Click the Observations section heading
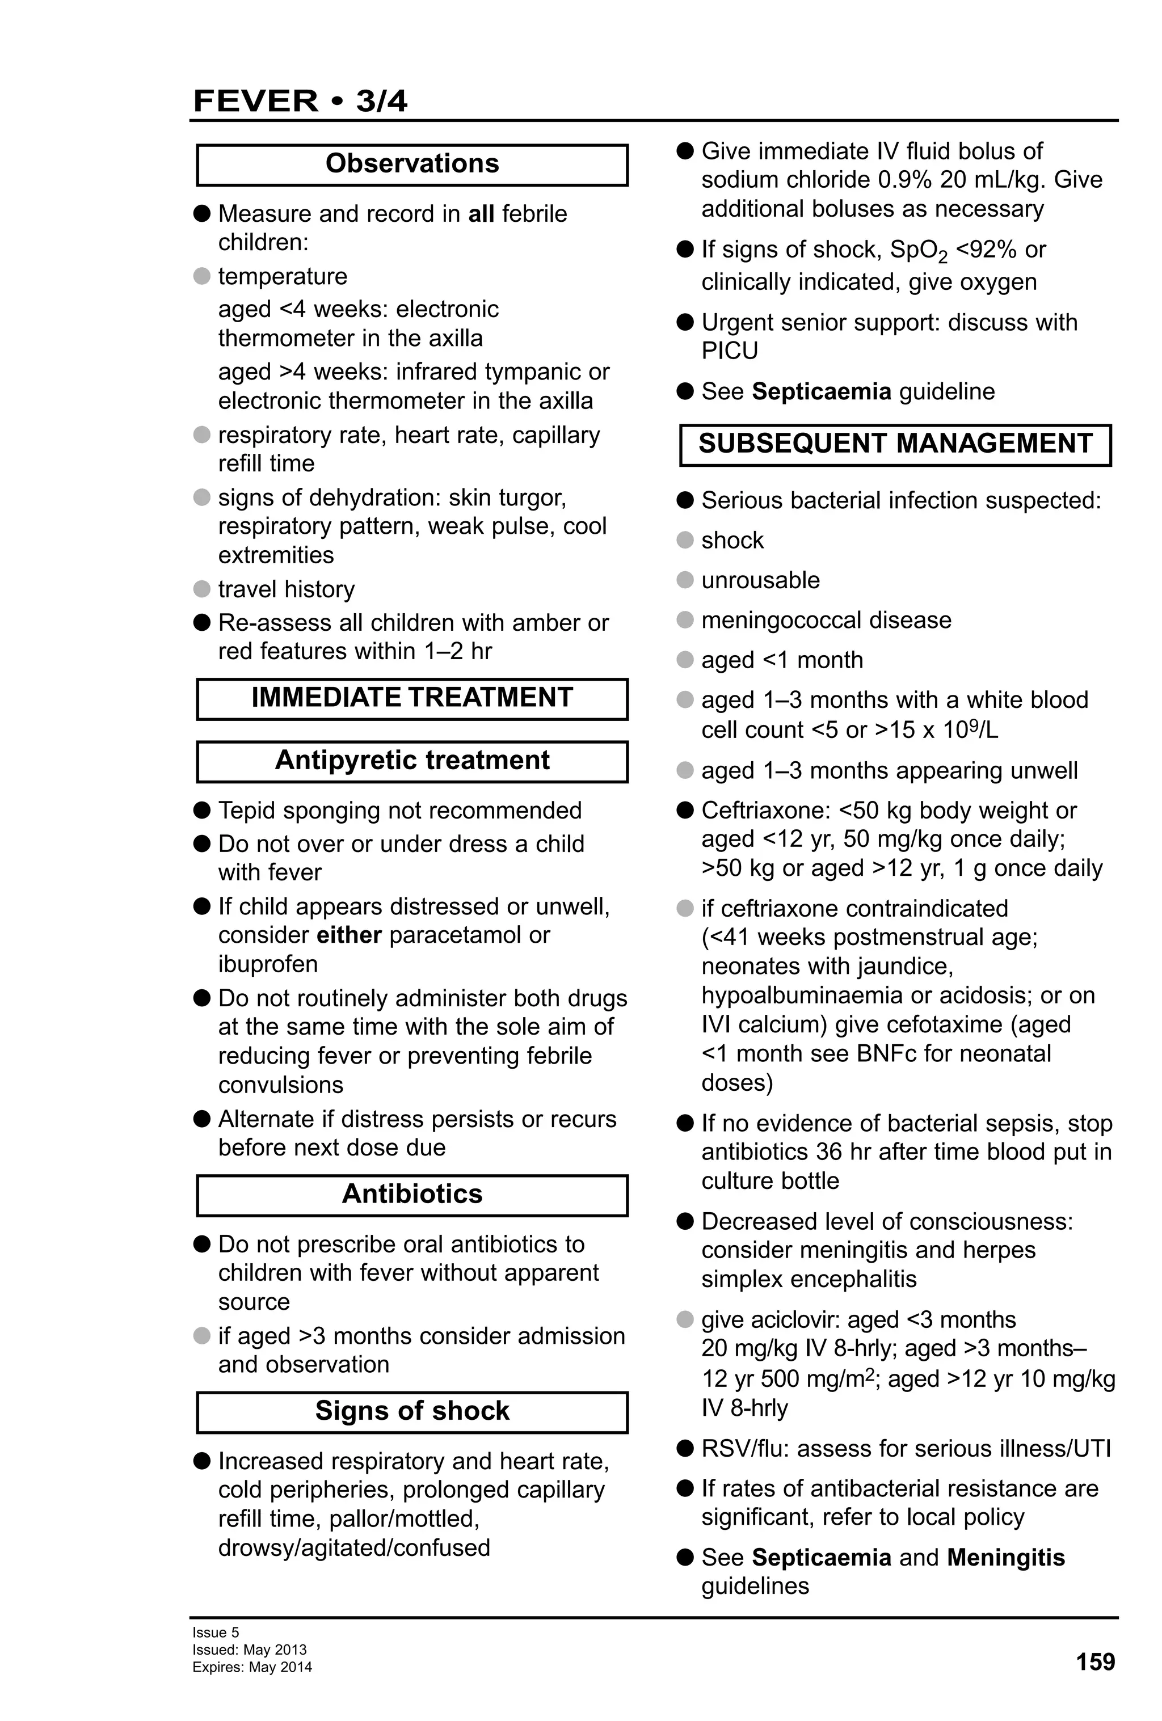[412, 164]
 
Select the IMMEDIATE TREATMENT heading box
[412, 698]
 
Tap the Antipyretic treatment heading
[412, 761]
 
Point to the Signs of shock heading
[412, 1411]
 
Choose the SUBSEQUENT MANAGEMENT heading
[895, 444]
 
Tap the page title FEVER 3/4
[300, 101]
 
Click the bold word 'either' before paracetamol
[349, 935]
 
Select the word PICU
[730, 351]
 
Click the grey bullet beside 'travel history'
[202, 589]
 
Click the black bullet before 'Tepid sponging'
[202, 811]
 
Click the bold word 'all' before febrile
[481, 214]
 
